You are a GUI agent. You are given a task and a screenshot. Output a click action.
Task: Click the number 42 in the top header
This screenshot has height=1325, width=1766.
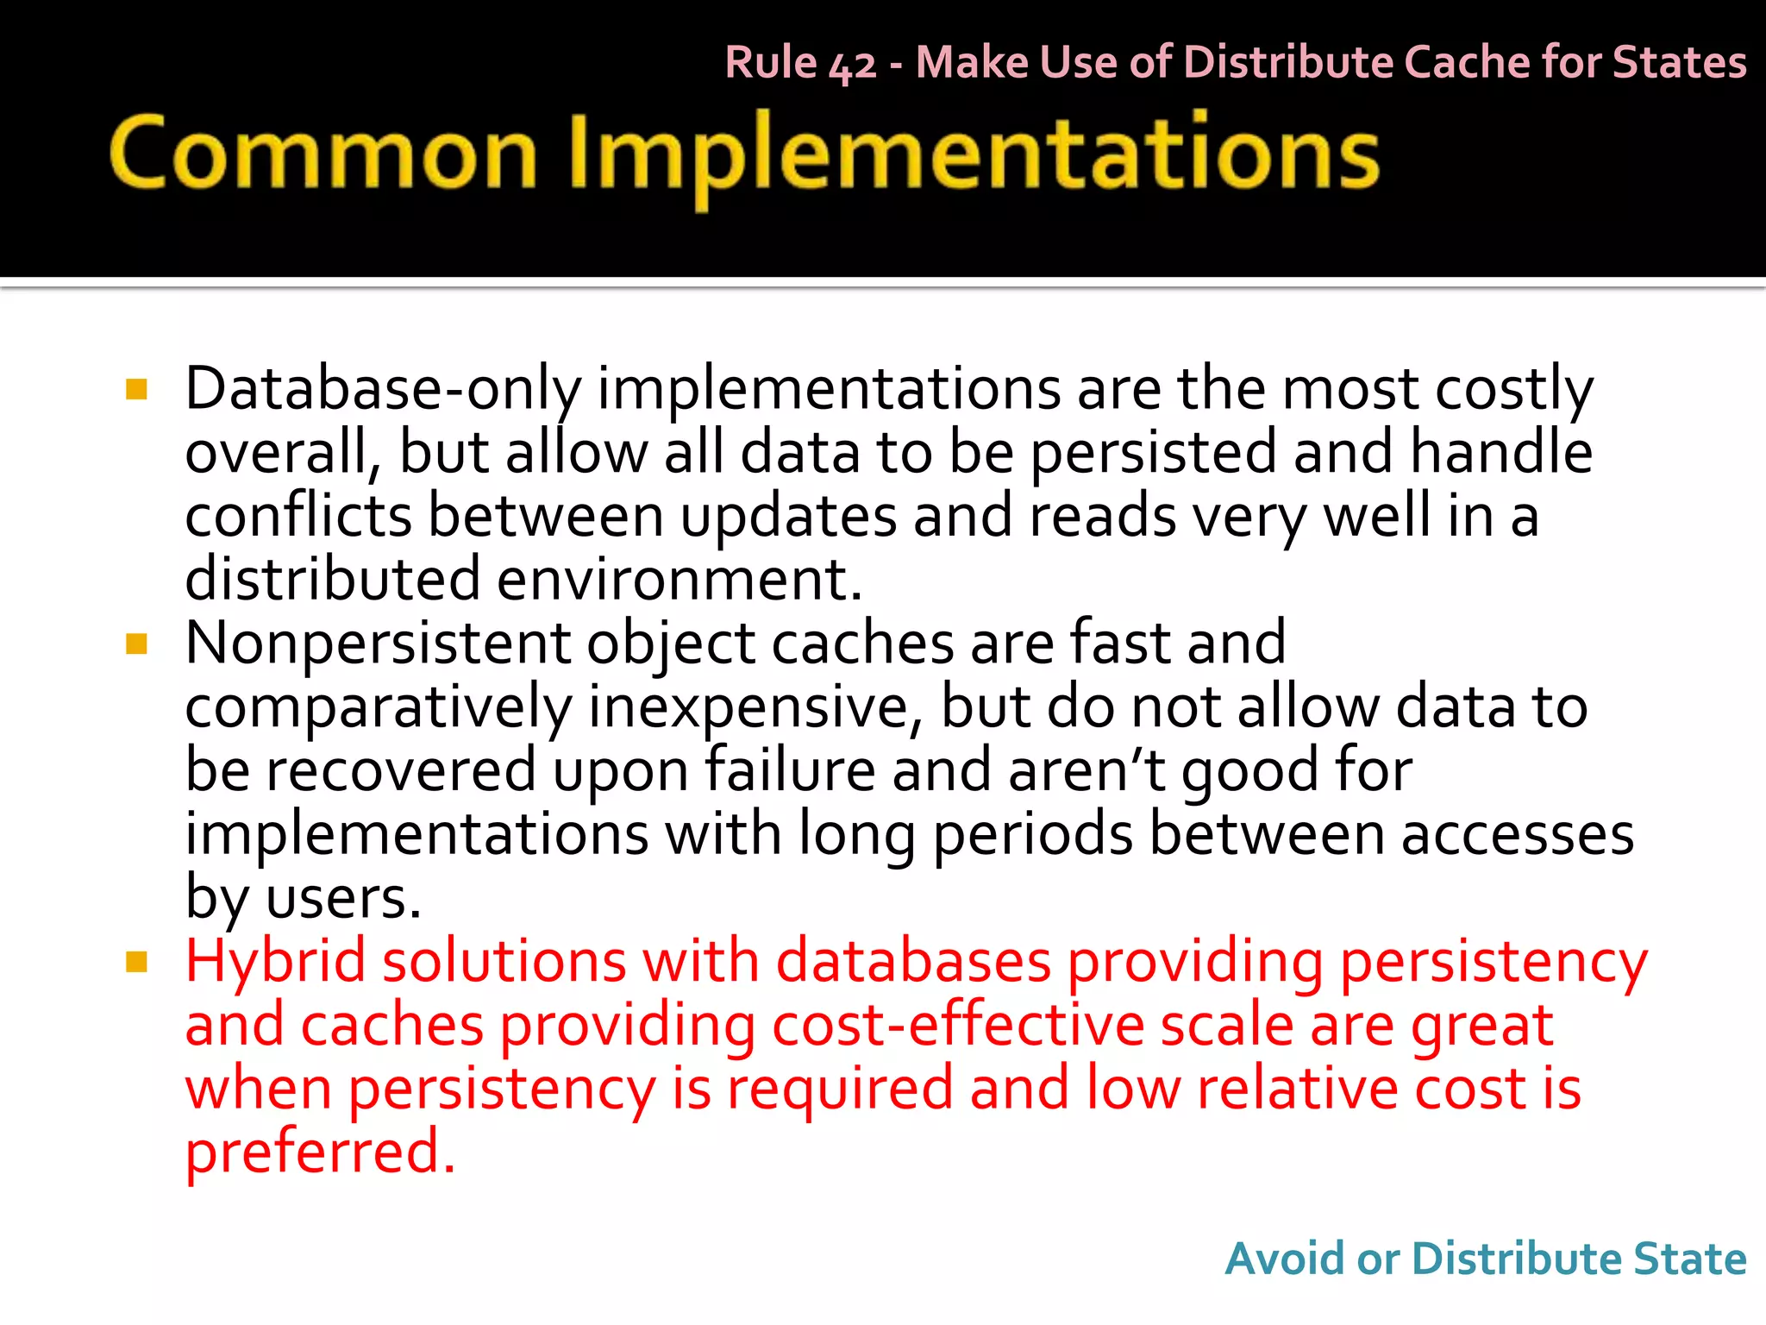point(852,65)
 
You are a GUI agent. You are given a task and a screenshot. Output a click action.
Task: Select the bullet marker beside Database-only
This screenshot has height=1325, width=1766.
point(136,390)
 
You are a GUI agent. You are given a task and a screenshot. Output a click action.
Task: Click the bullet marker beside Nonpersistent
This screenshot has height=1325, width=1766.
point(136,644)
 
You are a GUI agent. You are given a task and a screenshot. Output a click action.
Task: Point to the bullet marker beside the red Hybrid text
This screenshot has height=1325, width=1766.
point(136,962)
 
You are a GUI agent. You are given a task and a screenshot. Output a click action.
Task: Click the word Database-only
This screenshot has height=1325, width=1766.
point(383,390)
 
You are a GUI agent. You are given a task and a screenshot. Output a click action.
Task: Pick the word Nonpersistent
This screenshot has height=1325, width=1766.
point(378,644)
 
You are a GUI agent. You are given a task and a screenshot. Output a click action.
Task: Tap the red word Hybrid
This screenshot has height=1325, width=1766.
point(276,962)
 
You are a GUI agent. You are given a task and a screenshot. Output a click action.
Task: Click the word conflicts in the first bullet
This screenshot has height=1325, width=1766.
point(298,516)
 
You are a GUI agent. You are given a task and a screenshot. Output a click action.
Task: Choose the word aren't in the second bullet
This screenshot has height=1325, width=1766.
point(1087,770)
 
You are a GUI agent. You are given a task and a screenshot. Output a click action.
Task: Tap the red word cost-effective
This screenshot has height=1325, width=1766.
point(957,1026)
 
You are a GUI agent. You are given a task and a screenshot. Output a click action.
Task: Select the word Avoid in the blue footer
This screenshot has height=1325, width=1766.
point(1285,1259)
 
